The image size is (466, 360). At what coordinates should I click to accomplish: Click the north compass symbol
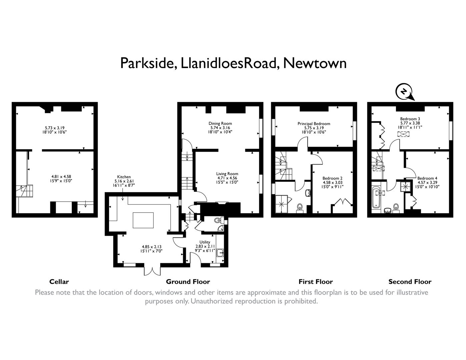[x=404, y=91]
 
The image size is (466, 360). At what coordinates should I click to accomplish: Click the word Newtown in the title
[x=315, y=63]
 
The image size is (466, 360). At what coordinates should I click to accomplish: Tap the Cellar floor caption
[x=59, y=282]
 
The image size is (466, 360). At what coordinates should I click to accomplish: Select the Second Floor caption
[x=410, y=282]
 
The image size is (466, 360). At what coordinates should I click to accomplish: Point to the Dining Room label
[x=220, y=123]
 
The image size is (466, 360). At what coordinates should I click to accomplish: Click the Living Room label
[x=227, y=174]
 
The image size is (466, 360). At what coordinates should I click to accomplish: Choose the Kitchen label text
[x=124, y=177]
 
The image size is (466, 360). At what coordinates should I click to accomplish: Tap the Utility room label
[x=205, y=242]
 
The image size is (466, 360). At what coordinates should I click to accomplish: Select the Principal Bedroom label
[x=314, y=124]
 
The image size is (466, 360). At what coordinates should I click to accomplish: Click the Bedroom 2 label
[x=332, y=178]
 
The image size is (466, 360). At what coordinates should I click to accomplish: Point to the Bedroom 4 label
[x=427, y=178]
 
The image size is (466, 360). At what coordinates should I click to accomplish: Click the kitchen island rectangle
[x=143, y=220]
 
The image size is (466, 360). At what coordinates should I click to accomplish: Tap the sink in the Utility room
[x=220, y=253]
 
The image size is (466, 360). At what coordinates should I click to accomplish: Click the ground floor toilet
[x=218, y=220]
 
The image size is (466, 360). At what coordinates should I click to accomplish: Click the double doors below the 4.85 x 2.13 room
[x=152, y=270]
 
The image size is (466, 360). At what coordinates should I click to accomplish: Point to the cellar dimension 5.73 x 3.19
[x=54, y=128]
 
